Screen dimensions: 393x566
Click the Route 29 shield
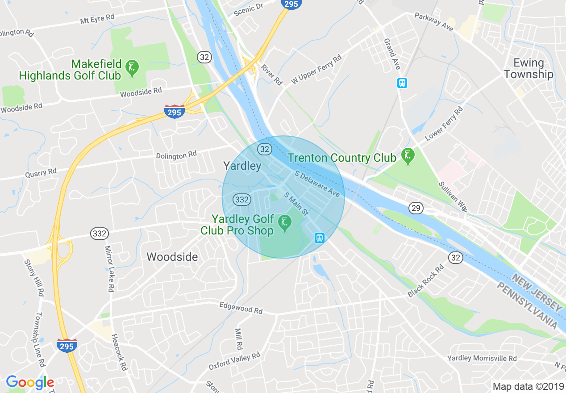pyautogui.click(x=416, y=208)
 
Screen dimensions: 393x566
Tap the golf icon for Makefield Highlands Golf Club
pyautogui.click(x=132, y=68)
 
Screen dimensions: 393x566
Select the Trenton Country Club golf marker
pyautogui.click(x=407, y=156)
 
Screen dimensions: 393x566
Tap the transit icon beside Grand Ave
pyautogui.click(x=402, y=83)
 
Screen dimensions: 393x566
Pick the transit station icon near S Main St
pyautogui.click(x=319, y=238)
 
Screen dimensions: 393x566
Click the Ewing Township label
pyautogui.click(x=529, y=68)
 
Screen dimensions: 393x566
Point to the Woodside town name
pyautogui.click(x=172, y=257)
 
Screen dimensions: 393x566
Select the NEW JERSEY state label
pyautogui.click(x=537, y=293)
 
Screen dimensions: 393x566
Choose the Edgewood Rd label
pyautogui.click(x=241, y=307)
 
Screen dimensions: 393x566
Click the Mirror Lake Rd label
pyautogui.click(x=108, y=268)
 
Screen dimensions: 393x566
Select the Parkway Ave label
pyautogui.click(x=433, y=22)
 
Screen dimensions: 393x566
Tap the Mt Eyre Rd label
pyautogui.click(x=97, y=19)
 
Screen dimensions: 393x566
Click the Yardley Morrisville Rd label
pyautogui.click(x=482, y=358)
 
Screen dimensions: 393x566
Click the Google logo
pyautogui.click(x=30, y=382)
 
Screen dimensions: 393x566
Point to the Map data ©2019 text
pyautogui.click(x=527, y=386)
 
